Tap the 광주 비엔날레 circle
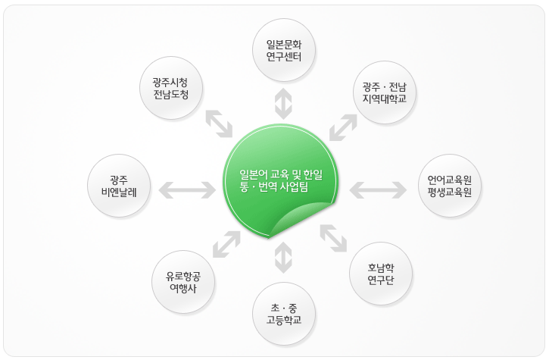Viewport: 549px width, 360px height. (x=117, y=186)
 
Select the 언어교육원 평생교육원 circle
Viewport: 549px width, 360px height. (x=449, y=186)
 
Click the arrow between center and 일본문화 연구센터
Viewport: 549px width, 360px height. (x=283, y=103)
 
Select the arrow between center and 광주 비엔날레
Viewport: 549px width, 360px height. (x=187, y=188)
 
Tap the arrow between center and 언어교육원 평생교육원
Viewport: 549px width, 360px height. (x=378, y=188)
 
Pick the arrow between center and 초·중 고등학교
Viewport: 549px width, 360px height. (x=283, y=257)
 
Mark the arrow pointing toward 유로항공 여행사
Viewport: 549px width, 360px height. (x=226, y=245)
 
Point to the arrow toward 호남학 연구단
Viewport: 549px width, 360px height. (x=333, y=239)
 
